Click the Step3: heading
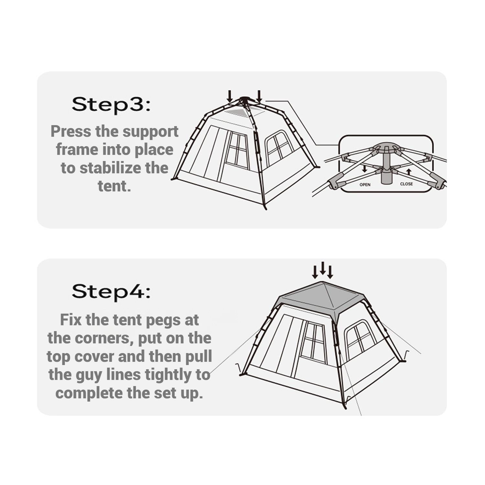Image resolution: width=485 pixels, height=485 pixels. pos(111,104)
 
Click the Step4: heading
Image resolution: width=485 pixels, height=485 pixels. pos(111,292)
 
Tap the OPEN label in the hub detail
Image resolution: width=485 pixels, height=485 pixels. pos(365,185)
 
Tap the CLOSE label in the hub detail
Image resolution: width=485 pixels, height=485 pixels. pos(406,184)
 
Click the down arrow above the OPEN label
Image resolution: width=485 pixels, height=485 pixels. pos(365,169)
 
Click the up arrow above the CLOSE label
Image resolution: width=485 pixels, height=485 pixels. pos(409,172)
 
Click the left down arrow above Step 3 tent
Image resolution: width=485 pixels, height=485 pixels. pos(230,96)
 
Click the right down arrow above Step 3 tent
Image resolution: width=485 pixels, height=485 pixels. pos(259,96)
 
